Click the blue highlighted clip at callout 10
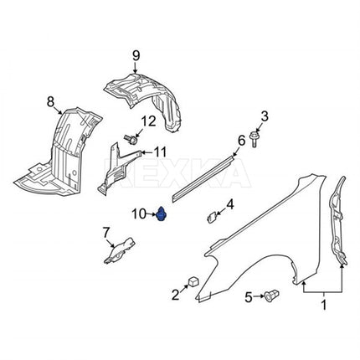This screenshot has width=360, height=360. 162,214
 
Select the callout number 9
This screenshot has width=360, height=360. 136,55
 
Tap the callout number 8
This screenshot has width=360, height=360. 50,102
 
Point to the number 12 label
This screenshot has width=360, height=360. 148,121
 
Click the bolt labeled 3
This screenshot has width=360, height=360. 255,139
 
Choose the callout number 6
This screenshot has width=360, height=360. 241,140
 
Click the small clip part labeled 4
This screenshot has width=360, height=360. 212,217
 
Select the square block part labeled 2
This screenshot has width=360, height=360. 193,281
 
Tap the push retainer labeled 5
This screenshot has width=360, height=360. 272,296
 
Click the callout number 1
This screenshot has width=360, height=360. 324,305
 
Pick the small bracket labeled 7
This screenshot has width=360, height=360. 120,250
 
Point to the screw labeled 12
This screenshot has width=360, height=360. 131,139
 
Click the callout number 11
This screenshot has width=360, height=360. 160,152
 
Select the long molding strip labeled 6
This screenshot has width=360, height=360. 203,179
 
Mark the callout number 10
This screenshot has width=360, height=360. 139,214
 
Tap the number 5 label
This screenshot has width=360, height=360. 248,297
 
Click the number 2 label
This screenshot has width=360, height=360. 175,295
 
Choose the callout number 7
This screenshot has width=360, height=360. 105,233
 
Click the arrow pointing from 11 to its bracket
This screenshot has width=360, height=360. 147,152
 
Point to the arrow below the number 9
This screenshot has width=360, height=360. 135,68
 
